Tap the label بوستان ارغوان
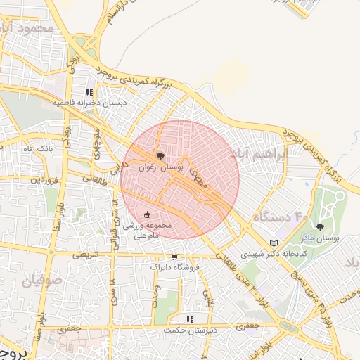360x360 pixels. coord(161,168)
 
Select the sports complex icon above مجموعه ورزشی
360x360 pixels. coord(147,214)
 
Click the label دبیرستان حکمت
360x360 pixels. coord(188,330)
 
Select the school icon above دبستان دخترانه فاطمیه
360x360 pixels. coord(89,92)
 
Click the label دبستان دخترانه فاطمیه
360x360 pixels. coord(89,103)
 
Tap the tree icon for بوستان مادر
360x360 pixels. coord(321,227)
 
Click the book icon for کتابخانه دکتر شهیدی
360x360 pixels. coord(274,243)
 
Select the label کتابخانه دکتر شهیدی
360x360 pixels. coord(272,254)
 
